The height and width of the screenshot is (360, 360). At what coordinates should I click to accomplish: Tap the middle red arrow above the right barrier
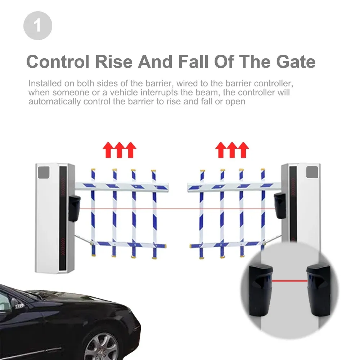tap(232, 150)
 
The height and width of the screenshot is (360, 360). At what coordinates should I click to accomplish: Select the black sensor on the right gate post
tap(279, 205)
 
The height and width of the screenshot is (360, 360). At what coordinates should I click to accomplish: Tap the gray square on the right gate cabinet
tap(313, 171)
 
